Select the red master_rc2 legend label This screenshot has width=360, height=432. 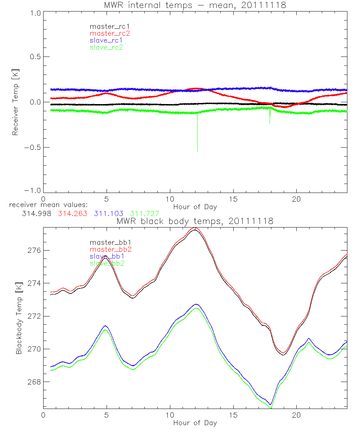tap(109, 33)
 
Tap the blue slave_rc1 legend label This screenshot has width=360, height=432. tap(106, 40)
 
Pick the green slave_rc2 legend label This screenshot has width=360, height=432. tap(106, 47)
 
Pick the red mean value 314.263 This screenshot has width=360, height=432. tap(72, 214)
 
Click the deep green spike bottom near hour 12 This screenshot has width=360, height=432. tap(197, 151)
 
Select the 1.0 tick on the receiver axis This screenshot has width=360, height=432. tap(34, 13)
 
